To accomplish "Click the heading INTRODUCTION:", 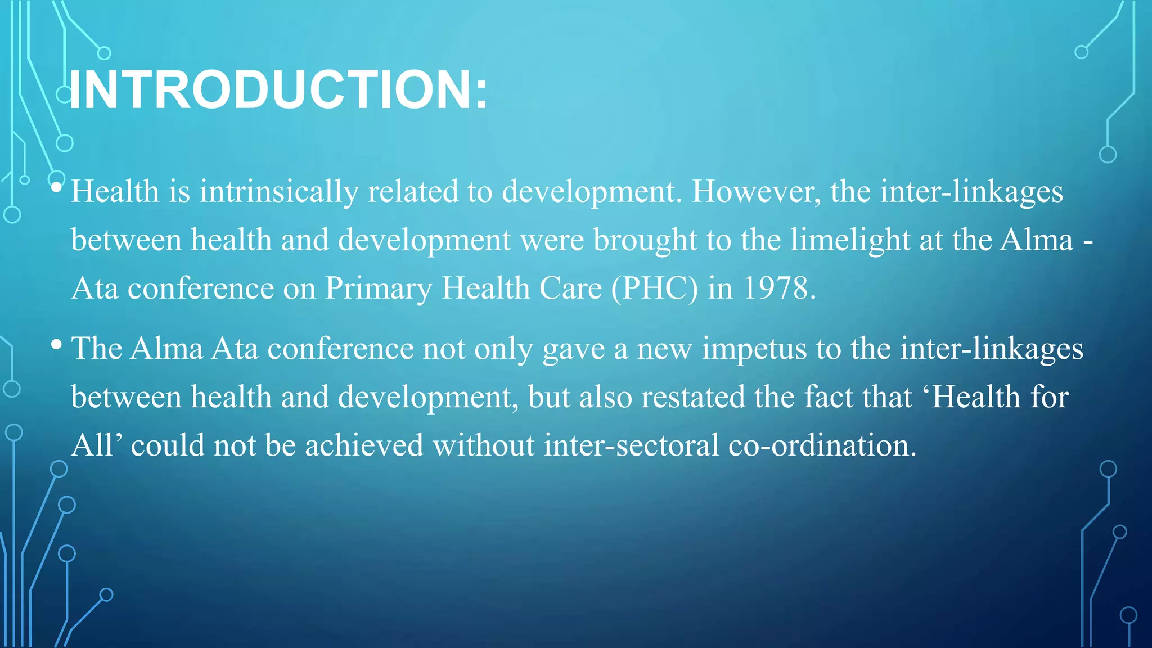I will [278, 90].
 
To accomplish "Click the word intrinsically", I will [279, 192].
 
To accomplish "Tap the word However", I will [755, 192].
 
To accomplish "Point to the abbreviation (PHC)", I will [654, 289].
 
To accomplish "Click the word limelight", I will [850, 240].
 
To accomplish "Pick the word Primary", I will [379, 289].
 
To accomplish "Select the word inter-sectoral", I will [631, 445].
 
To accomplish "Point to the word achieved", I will [364, 445].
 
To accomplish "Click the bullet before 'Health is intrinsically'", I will [56, 187].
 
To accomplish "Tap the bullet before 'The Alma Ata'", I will [56, 344].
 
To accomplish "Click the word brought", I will [645, 240].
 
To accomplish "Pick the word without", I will [483, 445].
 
